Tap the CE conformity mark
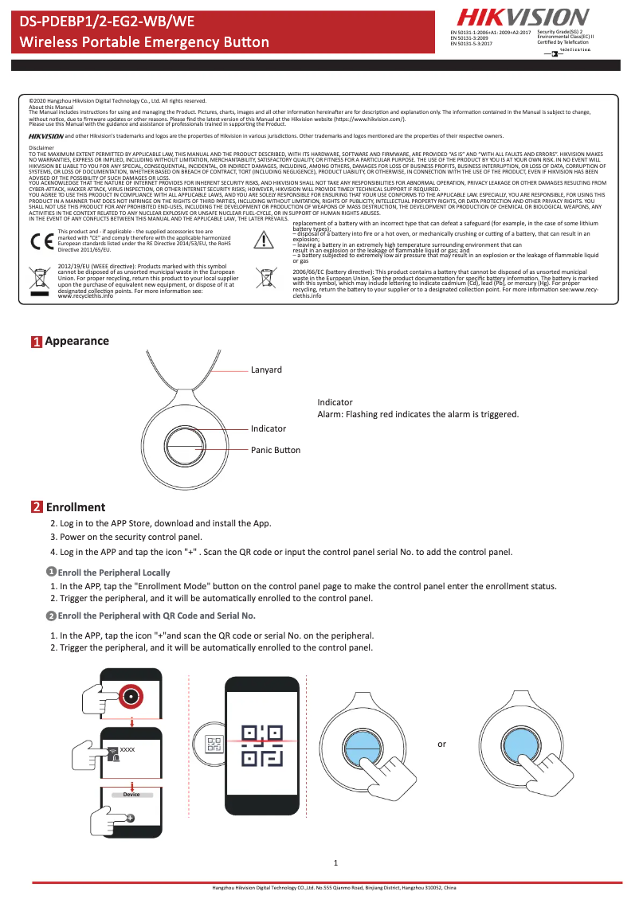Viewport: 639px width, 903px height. click(x=40, y=241)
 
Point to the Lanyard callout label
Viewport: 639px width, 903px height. click(x=266, y=370)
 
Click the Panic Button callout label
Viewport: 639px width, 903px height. click(x=276, y=450)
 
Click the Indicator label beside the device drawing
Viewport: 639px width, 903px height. click(x=269, y=428)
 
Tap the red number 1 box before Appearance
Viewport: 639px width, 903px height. click(x=37, y=342)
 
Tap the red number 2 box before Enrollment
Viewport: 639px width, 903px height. click(x=37, y=507)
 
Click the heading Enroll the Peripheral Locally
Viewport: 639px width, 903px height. click(x=113, y=573)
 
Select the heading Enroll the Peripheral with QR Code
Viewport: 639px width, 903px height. click(x=156, y=616)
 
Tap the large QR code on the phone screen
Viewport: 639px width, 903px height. click(x=263, y=746)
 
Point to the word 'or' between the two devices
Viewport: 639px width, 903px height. click(x=441, y=745)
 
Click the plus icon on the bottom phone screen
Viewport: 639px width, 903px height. click(x=130, y=818)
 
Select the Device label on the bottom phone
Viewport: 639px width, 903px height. click(x=131, y=795)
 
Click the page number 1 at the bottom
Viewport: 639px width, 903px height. click(x=335, y=863)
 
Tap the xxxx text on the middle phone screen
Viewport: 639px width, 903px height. click(x=127, y=750)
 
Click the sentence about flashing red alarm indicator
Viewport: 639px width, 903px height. click(x=418, y=414)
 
